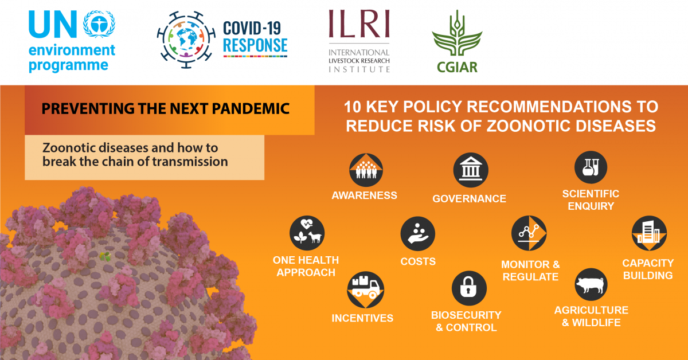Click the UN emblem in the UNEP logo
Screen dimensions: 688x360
point(99,24)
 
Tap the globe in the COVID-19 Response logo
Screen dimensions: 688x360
point(186,40)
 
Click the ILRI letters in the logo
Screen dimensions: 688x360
point(359,24)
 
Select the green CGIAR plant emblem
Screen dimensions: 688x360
point(457,33)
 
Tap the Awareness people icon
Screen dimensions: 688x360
point(366,170)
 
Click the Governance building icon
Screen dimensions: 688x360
point(471,170)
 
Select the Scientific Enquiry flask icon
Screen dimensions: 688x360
point(591,167)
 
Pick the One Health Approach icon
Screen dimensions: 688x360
point(307,233)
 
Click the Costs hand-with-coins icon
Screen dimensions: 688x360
point(418,234)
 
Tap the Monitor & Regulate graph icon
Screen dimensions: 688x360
point(529,233)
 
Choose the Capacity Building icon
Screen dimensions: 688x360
point(649,233)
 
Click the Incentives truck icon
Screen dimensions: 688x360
point(366,289)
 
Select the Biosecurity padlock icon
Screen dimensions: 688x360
point(469,288)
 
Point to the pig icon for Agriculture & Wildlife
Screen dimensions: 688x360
point(591,284)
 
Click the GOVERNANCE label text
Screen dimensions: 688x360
point(470,199)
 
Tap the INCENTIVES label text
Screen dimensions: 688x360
point(362,318)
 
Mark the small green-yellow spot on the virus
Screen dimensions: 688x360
point(105,256)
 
